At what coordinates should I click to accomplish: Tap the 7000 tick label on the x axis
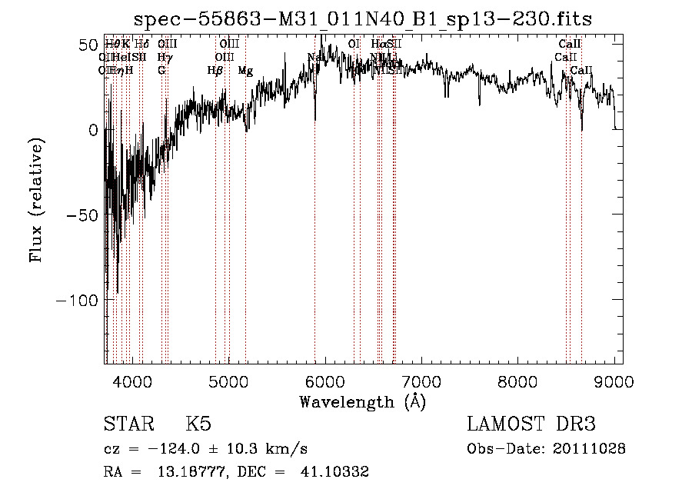pos(421,381)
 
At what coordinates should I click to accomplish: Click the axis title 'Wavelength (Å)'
pos(362,401)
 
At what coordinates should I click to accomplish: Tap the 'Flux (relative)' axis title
pos(36,199)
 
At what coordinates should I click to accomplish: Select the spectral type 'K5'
pos(198,424)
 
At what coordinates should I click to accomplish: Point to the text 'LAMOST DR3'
pos(531,424)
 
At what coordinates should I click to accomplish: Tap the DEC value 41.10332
pos(337,472)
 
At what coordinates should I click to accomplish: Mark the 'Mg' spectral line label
pos(245,71)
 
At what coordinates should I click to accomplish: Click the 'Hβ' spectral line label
pos(215,71)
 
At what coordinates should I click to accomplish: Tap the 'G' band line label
pos(161,71)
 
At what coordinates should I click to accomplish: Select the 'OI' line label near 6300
pos(354,45)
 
